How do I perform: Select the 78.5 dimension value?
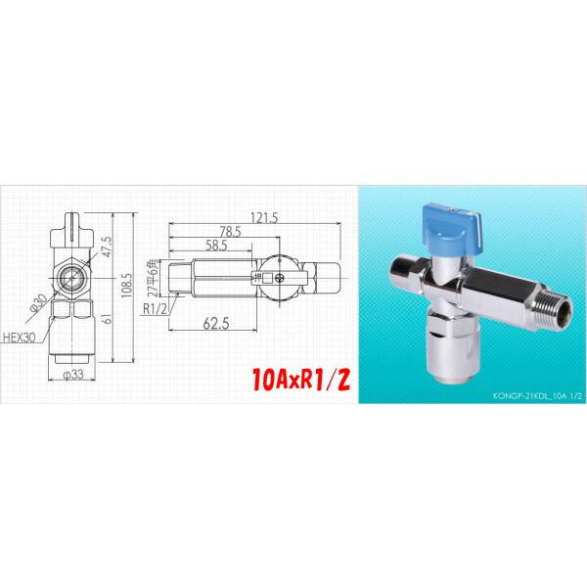click(231, 231)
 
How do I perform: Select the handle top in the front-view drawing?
click(74, 224)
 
